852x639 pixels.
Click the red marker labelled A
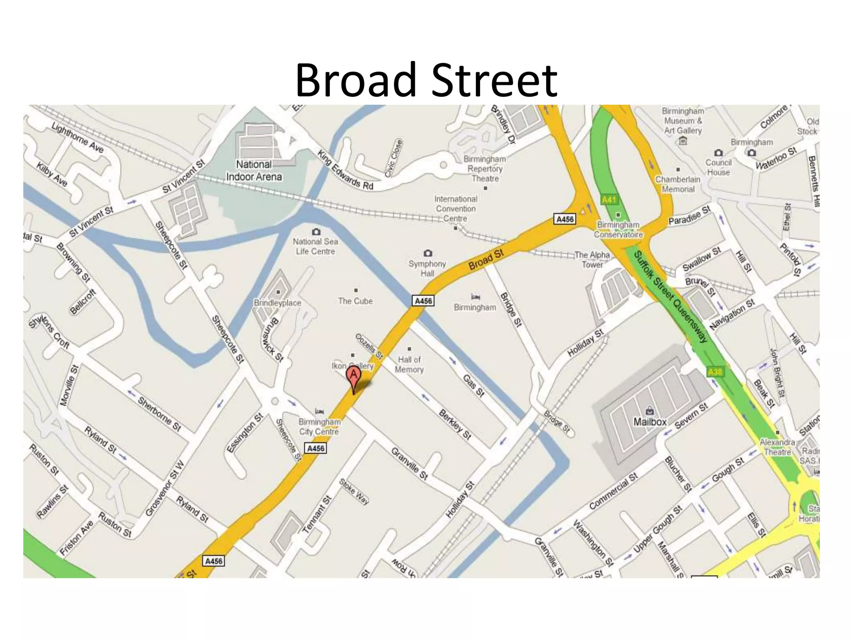pyautogui.click(x=354, y=376)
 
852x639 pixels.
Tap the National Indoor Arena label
pyautogui.click(x=254, y=171)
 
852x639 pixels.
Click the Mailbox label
pyautogui.click(x=650, y=422)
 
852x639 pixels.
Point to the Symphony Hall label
pyautogui.click(x=427, y=268)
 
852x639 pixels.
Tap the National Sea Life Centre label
pyautogui.click(x=315, y=246)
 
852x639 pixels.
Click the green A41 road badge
pyautogui.click(x=609, y=200)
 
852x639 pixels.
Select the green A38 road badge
pyautogui.click(x=715, y=372)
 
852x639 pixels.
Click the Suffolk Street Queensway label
pyautogui.click(x=670, y=296)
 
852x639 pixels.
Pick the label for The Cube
pyautogui.click(x=355, y=301)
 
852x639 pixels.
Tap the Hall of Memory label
pyautogui.click(x=409, y=364)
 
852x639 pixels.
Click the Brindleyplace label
pyautogui.click(x=277, y=303)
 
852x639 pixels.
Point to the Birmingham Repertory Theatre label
pyautogui.click(x=485, y=168)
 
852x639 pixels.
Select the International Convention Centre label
pyautogui.click(x=456, y=208)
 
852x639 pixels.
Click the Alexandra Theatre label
pyautogui.click(x=777, y=447)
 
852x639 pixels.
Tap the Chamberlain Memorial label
pyautogui.click(x=678, y=184)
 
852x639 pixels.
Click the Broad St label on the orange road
pyautogui.click(x=486, y=260)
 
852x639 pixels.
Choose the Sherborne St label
pyautogui.click(x=159, y=414)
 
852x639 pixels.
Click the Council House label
pyautogui.click(x=718, y=167)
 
